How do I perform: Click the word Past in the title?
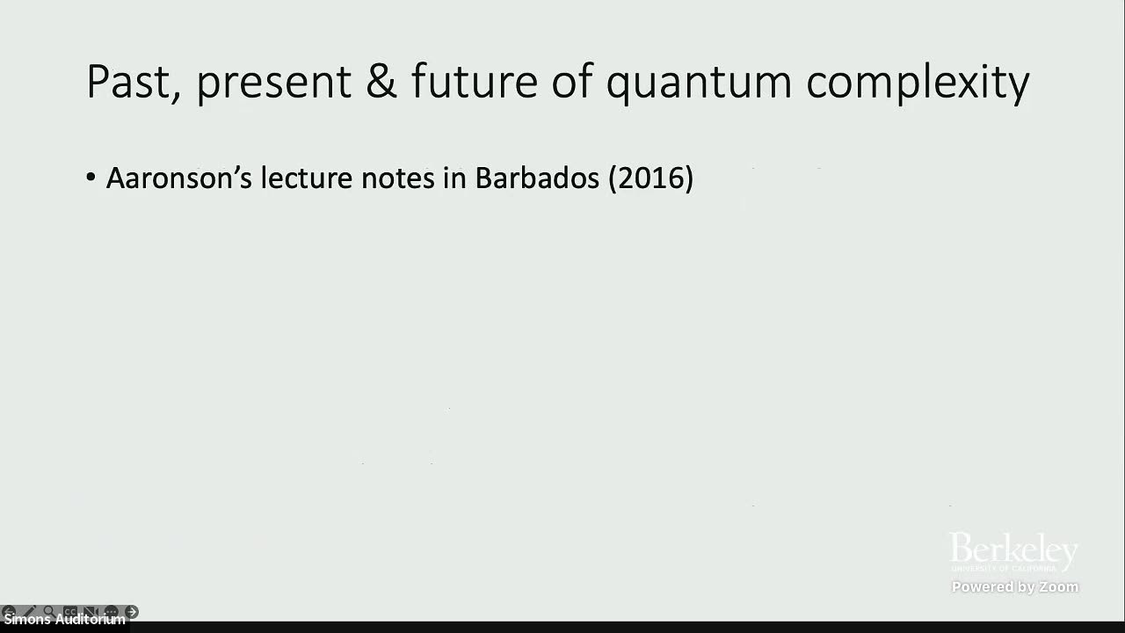132,82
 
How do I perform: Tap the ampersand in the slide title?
381,82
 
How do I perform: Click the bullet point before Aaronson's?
91,178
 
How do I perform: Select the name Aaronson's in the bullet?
179,178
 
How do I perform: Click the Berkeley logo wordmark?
1013,551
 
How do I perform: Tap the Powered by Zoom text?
1014,587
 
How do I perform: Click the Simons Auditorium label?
64,620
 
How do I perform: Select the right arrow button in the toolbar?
132,611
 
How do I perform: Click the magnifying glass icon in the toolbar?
49,611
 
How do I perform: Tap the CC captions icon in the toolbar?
69,611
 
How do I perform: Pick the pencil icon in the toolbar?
29,611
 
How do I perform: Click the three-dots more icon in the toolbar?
111,611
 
